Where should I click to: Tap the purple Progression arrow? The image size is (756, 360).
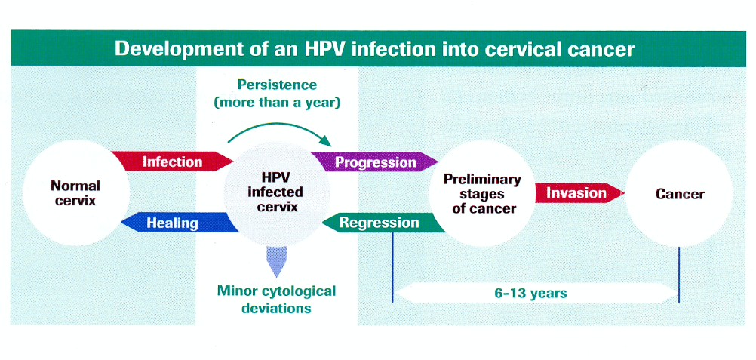tap(374, 162)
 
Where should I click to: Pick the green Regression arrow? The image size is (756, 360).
tap(383, 223)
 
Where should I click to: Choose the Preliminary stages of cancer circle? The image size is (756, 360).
tap(482, 193)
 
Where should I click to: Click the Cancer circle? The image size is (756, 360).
tap(679, 193)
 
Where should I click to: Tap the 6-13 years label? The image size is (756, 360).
tap(531, 293)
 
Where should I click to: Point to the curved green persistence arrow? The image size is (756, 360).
tap(280, 125)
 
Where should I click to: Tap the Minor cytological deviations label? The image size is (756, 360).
tap(276, 299)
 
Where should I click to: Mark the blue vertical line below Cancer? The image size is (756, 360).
tap(679, 275)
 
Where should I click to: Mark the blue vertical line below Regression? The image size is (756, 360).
tap(392, 268)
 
